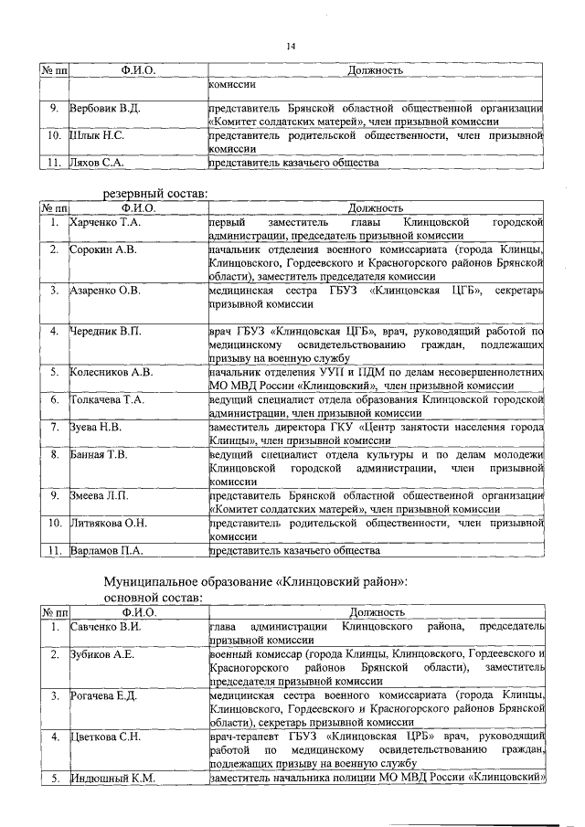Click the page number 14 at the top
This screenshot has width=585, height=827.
(292, 47)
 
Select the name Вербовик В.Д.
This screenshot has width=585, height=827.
(105, 109)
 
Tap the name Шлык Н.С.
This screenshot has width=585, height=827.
(97, 135)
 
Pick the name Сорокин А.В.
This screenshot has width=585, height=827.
(103, 249)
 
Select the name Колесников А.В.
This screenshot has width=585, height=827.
(111, 373)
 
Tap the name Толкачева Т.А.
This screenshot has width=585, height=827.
(107, 399)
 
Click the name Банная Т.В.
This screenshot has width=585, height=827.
(99, 454)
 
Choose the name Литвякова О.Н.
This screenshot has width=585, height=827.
(109, 523)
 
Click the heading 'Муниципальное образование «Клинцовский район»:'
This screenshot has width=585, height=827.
(256, 581)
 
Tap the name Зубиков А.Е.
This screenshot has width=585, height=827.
(102, 654)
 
